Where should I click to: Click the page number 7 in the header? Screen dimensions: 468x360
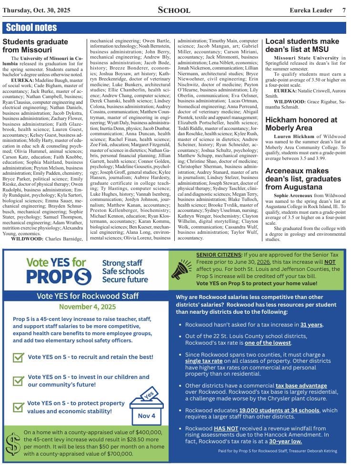pos(344,10)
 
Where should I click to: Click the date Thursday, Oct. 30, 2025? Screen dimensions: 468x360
pos(36,10)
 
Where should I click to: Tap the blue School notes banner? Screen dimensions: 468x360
pos(31,28)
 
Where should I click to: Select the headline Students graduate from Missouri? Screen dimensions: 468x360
pos(35,46)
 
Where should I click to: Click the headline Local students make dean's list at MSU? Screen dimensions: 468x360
pos(302,45)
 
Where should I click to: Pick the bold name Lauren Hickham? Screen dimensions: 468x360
pos(294,136)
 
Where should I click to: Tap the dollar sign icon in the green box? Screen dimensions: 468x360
pos(12,444)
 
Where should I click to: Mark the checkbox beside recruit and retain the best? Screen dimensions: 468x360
pos(19,357)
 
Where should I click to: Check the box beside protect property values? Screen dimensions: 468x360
pos(19,407)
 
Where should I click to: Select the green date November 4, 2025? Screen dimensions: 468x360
pos(88,307)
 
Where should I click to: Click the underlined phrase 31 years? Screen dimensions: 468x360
pos(311,325)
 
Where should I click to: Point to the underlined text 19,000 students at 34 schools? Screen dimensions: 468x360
pos(279,410)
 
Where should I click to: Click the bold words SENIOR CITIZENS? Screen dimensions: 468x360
pos(219,255)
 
